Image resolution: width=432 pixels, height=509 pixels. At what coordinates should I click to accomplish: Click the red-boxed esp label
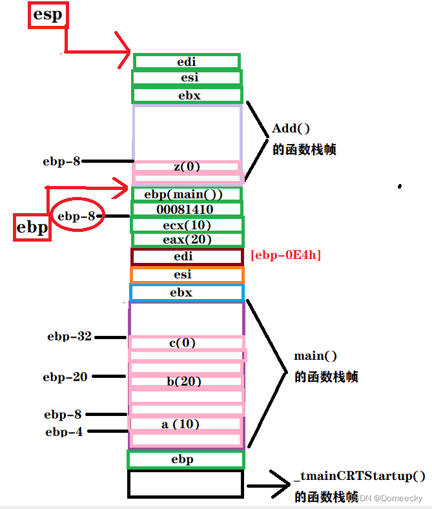click(x=48, y=15)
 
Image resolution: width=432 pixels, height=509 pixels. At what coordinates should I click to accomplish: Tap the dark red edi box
click(x=187, y=256)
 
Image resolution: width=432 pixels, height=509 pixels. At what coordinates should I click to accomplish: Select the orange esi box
click(x=187, y=275)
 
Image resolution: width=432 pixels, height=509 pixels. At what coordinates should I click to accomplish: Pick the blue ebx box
click(x=187, y=293)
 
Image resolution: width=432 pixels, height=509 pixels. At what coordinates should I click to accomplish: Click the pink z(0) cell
click(x=187, y=167)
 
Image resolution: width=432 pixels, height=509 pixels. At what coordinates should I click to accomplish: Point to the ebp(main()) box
click(x=187, y=194)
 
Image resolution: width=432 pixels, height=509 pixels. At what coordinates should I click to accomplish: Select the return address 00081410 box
click(x=186, y=209)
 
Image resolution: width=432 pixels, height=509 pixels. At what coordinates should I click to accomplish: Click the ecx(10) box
click(x=187, y=225)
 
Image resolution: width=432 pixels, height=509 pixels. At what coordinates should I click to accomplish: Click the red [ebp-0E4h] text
click(x=285, y=256)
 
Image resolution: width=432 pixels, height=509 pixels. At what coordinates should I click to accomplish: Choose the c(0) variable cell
click(x=187, y=342)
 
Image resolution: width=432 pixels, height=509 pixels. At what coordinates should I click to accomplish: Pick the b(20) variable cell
click(x=186, y=382)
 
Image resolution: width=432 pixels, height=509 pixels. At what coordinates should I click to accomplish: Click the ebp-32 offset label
click(x=69, y=337)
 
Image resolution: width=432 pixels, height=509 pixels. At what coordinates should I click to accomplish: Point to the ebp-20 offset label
click(x=65, y=377)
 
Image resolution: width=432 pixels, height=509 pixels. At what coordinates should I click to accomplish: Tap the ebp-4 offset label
click(x=64, y=432)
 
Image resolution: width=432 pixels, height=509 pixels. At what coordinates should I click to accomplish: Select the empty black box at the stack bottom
click(x=185, y=484)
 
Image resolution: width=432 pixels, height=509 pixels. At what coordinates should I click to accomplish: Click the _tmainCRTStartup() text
click(x=360, y=477)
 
